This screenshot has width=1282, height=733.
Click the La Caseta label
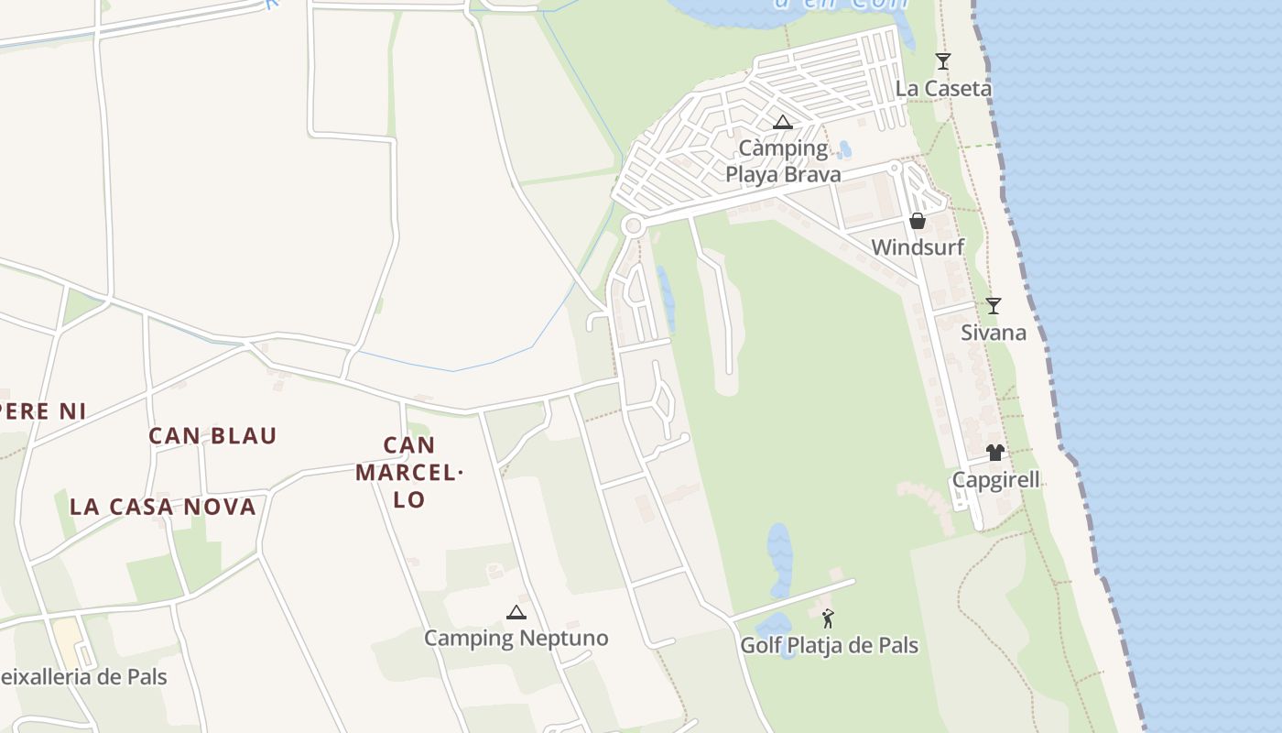click(x=943, y=89)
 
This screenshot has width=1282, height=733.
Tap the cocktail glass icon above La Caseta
click(x=943, y=61)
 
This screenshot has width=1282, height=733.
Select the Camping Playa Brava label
click(x=783, y=161)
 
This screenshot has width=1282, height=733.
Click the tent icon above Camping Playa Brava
click(x=783, y=122)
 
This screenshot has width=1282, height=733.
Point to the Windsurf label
click(x=917, y=247)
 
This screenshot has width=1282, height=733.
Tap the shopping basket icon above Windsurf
click(x=917, y=221)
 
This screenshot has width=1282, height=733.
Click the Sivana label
click(x=993, y=333)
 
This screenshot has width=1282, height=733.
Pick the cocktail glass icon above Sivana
click(x=993, y=305)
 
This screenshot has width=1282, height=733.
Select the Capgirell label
click(x=996, y=480)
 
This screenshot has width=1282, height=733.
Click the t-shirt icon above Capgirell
click(x=995, y=453)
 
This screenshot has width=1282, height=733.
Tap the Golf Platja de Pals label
click(x=829, y=646)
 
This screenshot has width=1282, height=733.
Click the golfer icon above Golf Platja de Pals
click(x=828, y=618)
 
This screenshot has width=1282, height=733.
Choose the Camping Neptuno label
click(x=516, y=639)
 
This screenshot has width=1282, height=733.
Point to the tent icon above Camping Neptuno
click(x=516, y=612)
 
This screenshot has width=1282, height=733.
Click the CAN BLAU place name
click(x=212, y=436)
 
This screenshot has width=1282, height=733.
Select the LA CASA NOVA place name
click(x=163, y=507)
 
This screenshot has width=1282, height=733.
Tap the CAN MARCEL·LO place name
click(x=409, y=473)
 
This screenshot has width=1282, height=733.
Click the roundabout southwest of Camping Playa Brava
click(x=632, y=225)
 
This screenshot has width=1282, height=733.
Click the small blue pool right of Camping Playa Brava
click(x=844, y=149)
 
